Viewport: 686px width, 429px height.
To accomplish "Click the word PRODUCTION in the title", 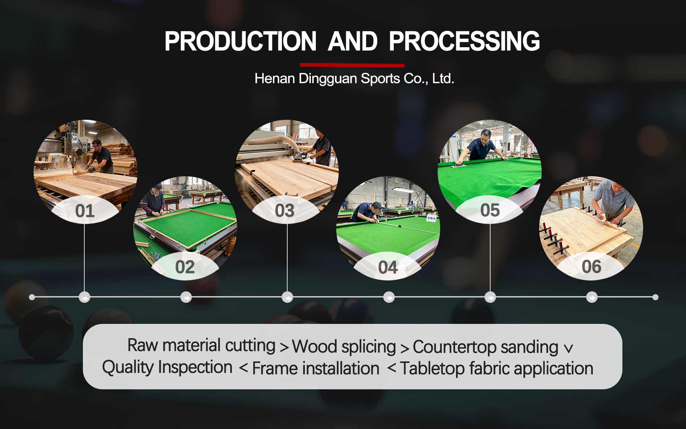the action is (240, 41).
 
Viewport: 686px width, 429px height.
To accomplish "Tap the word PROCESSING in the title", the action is (464, 41).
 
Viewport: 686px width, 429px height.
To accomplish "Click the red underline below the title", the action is (352, 65).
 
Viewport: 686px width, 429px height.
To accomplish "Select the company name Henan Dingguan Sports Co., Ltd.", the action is (354, 79).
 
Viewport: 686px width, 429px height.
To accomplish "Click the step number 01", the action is (85, 211).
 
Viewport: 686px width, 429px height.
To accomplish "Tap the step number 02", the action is (185, 267).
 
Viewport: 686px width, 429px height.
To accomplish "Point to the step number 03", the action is (284, 211).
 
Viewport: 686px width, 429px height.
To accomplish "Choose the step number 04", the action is (388, 268).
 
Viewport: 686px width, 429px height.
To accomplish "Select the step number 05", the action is (490, 210).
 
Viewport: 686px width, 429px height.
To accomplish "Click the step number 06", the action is (591, 267).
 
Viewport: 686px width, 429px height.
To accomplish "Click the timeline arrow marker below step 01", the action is (84, 297).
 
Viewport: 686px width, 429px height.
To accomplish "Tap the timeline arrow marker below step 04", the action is (389, 297).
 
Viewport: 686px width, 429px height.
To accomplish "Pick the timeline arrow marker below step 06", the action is (592, 297).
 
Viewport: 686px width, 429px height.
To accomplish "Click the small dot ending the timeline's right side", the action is (655, 297).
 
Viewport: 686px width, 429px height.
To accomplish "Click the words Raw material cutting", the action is (201, 346).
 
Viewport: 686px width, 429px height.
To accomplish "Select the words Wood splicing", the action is (344, 347).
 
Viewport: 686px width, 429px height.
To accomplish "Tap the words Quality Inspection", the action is (167, 368).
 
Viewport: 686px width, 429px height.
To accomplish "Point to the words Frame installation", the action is (315, 369).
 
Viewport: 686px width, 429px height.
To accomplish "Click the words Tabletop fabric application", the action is (496, 369).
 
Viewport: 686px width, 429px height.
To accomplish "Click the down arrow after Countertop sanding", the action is (568, 349).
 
